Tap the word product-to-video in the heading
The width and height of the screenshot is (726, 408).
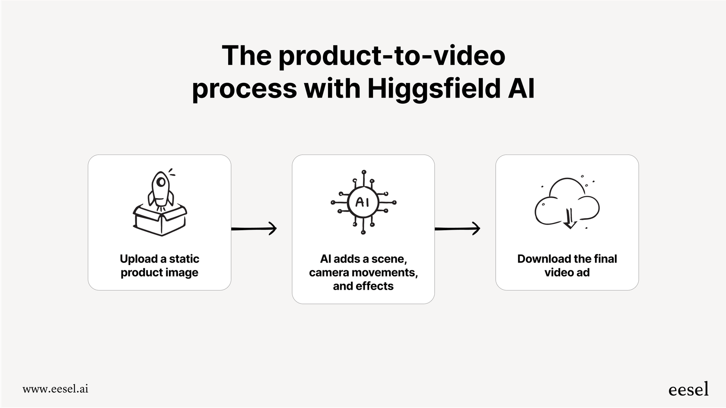(x=392, y=56)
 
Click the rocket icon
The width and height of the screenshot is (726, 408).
(x=160, y=190)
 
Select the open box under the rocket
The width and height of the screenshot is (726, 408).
(x=160, y=220)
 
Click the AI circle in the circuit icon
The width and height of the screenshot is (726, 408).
(x=363, y=202)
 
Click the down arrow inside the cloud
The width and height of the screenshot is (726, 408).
(x=570, y=218)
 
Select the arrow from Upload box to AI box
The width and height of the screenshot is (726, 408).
(x=254, y=228)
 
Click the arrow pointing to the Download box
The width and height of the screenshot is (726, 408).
(x=458, y=228)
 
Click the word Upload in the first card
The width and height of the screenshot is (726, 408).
(x=138, y=259)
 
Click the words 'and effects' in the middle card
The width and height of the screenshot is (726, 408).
(x=363, y=286)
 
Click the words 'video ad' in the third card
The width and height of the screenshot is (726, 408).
(x=567, y=273)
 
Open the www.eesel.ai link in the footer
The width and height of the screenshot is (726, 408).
(x=55, y=389)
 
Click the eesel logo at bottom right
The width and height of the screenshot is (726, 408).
(x=688, y=389)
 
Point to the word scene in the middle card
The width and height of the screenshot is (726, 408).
(x=388, y=259)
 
